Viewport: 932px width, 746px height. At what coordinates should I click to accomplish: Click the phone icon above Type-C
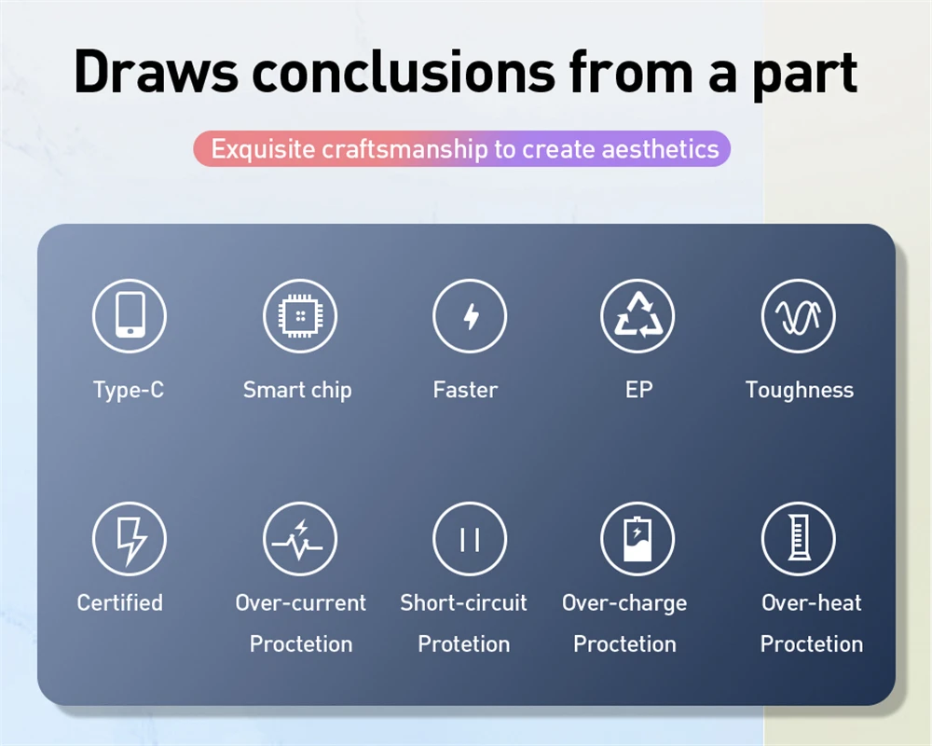130,315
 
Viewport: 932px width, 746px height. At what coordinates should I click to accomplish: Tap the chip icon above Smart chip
300,315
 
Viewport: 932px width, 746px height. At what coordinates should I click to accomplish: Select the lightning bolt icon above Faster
470,315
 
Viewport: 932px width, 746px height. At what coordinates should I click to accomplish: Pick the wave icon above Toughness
799,315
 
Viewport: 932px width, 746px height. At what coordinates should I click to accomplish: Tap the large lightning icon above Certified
130,539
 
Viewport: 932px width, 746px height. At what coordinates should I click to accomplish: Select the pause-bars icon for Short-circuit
470,539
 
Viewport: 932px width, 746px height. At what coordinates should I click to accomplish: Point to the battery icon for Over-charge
637,539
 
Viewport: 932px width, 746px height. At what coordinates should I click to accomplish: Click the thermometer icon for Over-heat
799,539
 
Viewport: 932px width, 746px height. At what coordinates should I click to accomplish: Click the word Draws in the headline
156,72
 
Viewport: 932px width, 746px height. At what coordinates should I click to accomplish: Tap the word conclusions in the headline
404,72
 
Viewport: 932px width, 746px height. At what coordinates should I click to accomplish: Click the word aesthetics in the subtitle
661,148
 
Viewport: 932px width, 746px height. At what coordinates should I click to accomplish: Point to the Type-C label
129,391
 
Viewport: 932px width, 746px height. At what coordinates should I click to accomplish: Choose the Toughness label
800,391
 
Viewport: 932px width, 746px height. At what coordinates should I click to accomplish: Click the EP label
639,390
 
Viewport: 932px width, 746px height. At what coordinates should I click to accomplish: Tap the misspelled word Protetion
463,643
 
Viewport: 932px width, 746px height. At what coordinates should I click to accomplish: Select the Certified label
119,602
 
